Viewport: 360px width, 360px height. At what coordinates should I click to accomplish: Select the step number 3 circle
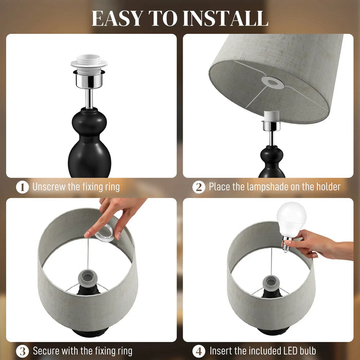[x=22, y=351]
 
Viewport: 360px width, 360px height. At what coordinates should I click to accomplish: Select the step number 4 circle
[x=199, y=351]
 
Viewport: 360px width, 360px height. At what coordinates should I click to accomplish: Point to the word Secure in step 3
[x=48, y=351]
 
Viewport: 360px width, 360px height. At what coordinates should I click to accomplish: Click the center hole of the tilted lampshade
[x=269, y=81]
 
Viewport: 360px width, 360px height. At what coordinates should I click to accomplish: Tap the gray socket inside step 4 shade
[x=271, y=282]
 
